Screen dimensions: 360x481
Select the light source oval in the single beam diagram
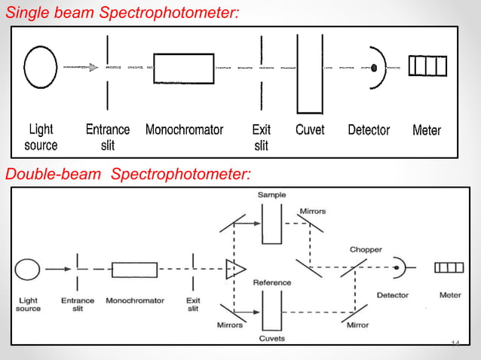pos(41,67)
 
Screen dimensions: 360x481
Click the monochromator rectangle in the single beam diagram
pos(183,68)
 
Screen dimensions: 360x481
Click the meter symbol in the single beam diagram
pos(427,66)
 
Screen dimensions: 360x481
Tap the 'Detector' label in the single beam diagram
pos(369,130)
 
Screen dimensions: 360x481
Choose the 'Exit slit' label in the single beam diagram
pos(261,137)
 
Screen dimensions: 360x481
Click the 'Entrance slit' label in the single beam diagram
pos(108,137)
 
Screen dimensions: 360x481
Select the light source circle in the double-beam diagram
pos(28,268)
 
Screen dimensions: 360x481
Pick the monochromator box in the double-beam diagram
pos(134,269)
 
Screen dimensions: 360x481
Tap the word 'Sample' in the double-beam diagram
pos(272,195)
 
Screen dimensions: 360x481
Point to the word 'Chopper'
pos(365,249)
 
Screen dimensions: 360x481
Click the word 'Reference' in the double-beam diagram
pos(271,282)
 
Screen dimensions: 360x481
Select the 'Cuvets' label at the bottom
pos(271,338)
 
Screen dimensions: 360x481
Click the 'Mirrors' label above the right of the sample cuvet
pos(313,212)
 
